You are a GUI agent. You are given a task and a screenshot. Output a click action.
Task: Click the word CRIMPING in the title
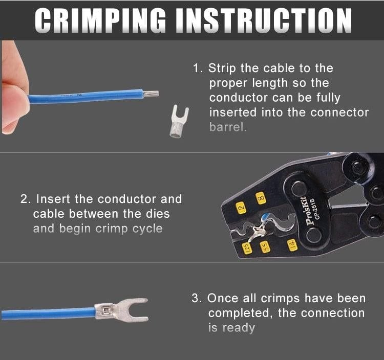100,20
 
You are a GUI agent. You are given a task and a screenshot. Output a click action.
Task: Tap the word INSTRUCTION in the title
264,20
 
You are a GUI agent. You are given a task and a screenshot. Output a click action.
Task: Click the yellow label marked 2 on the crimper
241,208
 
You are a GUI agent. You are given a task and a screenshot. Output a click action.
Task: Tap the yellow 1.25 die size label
247,248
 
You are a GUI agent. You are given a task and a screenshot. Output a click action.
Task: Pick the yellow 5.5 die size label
265,247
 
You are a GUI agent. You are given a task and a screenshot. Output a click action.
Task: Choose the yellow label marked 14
292,245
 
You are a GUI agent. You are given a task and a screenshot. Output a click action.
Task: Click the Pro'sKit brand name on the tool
310,211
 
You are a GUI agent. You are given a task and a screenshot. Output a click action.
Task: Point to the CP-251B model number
318,208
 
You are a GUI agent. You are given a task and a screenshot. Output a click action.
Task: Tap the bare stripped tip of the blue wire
151,94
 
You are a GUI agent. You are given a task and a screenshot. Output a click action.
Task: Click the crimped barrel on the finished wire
104,310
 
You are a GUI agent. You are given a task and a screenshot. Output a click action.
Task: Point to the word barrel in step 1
227,127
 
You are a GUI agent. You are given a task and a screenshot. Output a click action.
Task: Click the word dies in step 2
158,214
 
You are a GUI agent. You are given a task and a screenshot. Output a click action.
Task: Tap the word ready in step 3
239,328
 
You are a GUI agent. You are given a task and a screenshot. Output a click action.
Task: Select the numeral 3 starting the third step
195,298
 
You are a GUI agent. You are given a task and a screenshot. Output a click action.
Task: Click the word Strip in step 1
222,68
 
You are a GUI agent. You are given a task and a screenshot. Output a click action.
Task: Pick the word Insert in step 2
53,199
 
